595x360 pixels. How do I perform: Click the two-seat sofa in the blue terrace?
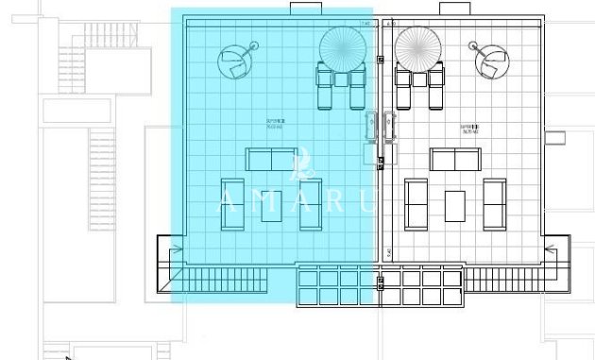(272, 159)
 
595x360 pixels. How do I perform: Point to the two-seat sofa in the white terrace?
(456, 159)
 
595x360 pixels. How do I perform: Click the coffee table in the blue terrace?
(272, 204)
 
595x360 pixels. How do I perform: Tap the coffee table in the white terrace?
(456, 204)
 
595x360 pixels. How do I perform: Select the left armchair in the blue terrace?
(232, 204)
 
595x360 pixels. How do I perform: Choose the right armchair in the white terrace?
(494, 204)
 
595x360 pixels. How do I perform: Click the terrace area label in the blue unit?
(276, 126)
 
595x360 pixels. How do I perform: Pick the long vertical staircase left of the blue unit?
(101, 161)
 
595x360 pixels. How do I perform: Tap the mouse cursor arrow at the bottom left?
(69, 355)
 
